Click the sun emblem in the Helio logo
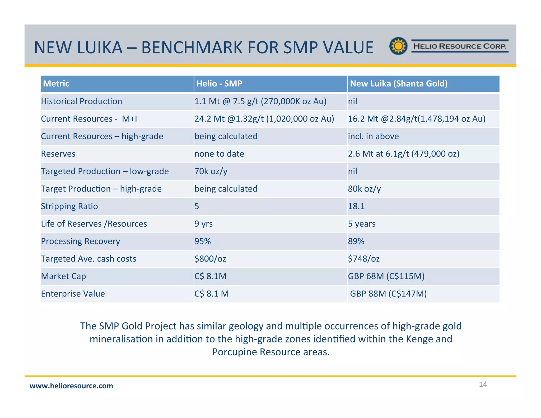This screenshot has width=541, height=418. [x=398, y=46]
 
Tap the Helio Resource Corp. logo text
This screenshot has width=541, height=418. [x=460, y=46]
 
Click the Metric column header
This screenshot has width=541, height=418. [x=56, y=83]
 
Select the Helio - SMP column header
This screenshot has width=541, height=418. [x=219, y=83]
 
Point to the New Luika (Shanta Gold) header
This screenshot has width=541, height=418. [x=399, y=83]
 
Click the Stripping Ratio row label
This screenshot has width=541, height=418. [x=69, y=206]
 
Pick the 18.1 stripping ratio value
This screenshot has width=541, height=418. [x=356, y=206]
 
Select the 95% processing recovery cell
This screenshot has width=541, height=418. [x=203, y=241]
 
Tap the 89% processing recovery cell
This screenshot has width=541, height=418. [x=356, y=241]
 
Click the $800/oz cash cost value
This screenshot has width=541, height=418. [x=210, y=259]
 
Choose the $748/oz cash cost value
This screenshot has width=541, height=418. [x=364, y=259]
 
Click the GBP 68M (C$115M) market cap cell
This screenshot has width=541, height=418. [x=386, y=276]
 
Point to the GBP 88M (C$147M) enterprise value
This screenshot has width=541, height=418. [x=388, y=294]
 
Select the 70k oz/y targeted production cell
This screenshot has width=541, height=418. [x=211, y=171]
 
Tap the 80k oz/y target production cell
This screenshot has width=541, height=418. [x=365, y=189]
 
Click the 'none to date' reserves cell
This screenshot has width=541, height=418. [x=219, y=154]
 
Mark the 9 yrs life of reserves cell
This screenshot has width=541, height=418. [x=203, y=224]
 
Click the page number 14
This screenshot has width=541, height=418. [x=483, y=384]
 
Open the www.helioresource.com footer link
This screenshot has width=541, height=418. [x=71, y=386]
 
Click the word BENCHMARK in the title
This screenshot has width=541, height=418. [x=192, y=48]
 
